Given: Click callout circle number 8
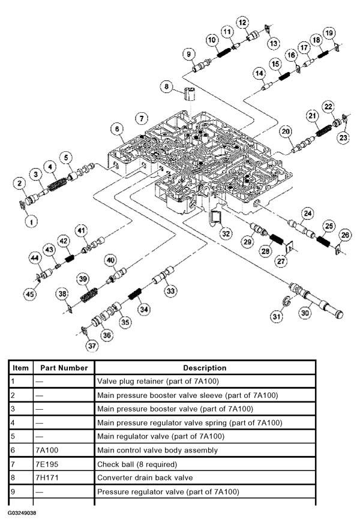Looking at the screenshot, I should [166, 87].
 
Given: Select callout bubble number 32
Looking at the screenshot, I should [225, 233].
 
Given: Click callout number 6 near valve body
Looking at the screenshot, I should [116, 128].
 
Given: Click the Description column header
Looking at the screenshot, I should [205, 368].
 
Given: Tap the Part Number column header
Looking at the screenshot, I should [64, 368].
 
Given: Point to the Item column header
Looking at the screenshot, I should [20, 368].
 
